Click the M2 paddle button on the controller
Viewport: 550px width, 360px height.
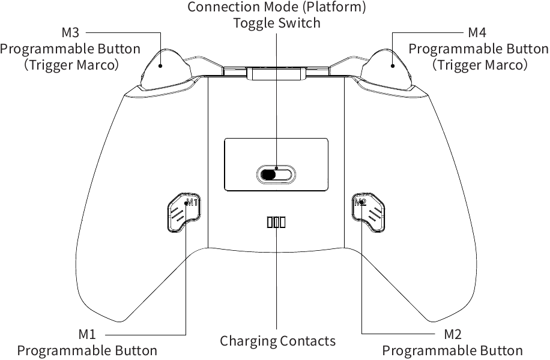(368, 211)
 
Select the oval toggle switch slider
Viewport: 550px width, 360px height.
(276, 175)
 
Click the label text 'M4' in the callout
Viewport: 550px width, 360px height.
(477, 32)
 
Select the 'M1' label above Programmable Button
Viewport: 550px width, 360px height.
(87, 334)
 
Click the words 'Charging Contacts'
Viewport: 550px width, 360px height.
(277, 341)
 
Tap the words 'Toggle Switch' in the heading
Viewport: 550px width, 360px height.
(277, 23)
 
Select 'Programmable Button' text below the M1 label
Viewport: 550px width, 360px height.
(87, 350)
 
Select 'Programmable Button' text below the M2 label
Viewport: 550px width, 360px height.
(452, 350)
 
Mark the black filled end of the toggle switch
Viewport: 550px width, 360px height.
(268, 175)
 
